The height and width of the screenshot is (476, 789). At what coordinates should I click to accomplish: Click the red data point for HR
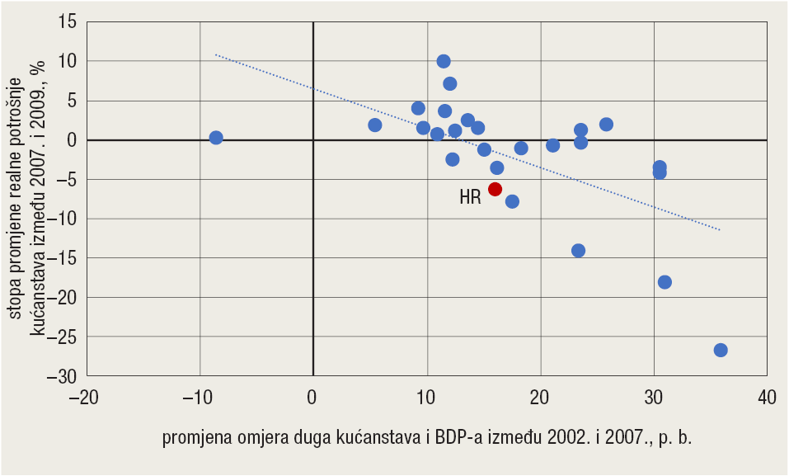495,189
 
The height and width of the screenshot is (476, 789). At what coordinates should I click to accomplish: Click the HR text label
470,198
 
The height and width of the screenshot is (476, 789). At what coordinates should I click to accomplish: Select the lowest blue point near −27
721,350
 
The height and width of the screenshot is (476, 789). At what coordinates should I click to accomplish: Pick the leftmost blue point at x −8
216,138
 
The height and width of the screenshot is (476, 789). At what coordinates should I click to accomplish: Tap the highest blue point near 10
444,61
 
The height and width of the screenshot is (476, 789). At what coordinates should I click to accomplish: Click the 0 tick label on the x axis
312,398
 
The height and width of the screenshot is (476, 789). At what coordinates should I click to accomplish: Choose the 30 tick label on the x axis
654,398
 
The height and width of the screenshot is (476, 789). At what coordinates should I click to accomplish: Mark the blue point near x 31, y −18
665,282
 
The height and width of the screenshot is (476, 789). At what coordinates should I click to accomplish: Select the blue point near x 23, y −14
578,251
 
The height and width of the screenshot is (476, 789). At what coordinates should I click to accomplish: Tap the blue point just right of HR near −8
512,201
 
